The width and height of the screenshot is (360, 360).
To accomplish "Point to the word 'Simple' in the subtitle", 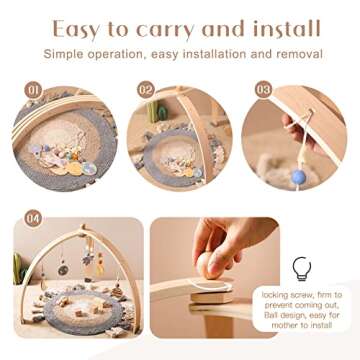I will click(x=89, y=52).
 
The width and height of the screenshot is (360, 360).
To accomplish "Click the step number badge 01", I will click(x=31, y=90).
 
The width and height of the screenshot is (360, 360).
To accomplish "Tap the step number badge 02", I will click(x=146, y=91).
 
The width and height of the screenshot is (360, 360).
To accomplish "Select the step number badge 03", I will click(x=263, y=90).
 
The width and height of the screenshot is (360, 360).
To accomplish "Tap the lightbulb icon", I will click(x=301, y=267).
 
